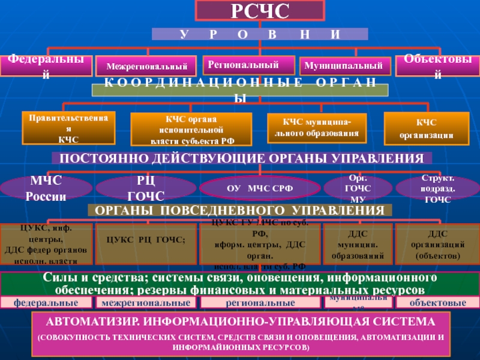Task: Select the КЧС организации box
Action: tap(426, 128)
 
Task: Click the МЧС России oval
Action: tap(46, 188)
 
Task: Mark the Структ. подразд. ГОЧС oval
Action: tap(438, 188)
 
